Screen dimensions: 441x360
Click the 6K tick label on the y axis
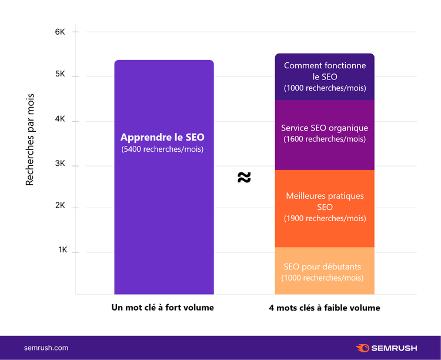[60, 32]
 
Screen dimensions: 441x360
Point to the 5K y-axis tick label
[60, 74]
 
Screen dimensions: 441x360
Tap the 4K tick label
[60, 119]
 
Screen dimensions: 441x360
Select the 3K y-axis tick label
[60, 164]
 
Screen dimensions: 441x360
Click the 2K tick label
[60, 205]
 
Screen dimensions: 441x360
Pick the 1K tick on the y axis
[63, 249]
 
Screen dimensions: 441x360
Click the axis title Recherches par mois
[29, 139]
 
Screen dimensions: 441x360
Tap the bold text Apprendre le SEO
[162, 137]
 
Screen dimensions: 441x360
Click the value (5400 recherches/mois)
[162, 149]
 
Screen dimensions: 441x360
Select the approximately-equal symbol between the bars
[244, 177]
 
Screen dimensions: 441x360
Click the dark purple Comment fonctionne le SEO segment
[325, 77]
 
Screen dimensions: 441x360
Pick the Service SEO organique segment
[325, 135]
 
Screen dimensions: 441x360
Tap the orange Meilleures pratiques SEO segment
[325, 209]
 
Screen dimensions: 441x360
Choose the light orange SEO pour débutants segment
[325, 271]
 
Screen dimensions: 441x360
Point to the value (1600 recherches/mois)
[325, 139]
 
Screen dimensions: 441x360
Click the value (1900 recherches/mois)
[325, 218]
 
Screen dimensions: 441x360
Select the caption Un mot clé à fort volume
[162, 308]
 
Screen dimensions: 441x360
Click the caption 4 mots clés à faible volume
[324, 308]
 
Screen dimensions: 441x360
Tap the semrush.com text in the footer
[46, 348]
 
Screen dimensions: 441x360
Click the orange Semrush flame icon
[363, 348]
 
